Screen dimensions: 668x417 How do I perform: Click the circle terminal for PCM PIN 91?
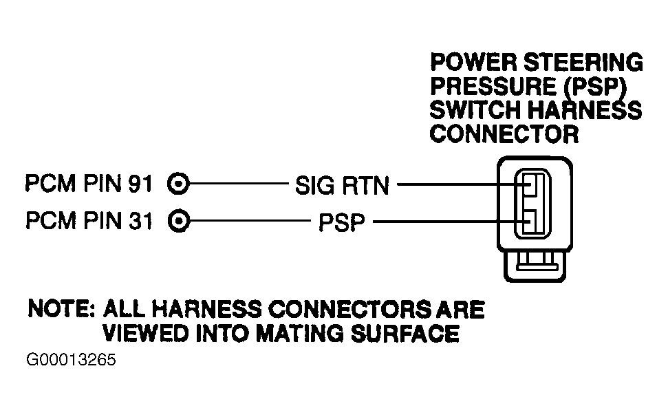click(178, 184)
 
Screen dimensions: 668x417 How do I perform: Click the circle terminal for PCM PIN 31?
click(178, 221)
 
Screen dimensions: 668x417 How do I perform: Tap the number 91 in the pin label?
click(139, 184)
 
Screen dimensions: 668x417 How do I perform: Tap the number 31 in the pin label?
click(140, 221)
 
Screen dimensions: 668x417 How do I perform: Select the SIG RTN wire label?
click(342, 186)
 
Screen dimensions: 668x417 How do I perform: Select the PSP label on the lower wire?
click(342, 222)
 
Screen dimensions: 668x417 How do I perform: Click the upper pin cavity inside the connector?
click(533, 184)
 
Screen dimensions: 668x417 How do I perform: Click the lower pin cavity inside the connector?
click(533, 222)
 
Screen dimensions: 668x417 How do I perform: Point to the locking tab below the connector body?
click(535, 266)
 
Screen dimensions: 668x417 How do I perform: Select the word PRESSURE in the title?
click(493, 87)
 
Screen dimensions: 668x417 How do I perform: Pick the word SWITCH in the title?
click(475, 110)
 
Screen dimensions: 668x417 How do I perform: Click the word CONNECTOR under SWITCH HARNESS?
click(504, 134)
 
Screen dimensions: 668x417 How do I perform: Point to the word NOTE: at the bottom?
click(61, 309)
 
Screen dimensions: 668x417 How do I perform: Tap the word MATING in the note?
click(299, 333)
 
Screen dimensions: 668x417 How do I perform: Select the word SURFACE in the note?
click(405, 333)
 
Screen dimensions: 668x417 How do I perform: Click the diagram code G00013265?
click(71, 360)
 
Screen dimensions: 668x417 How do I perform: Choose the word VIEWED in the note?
click(145, 333)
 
